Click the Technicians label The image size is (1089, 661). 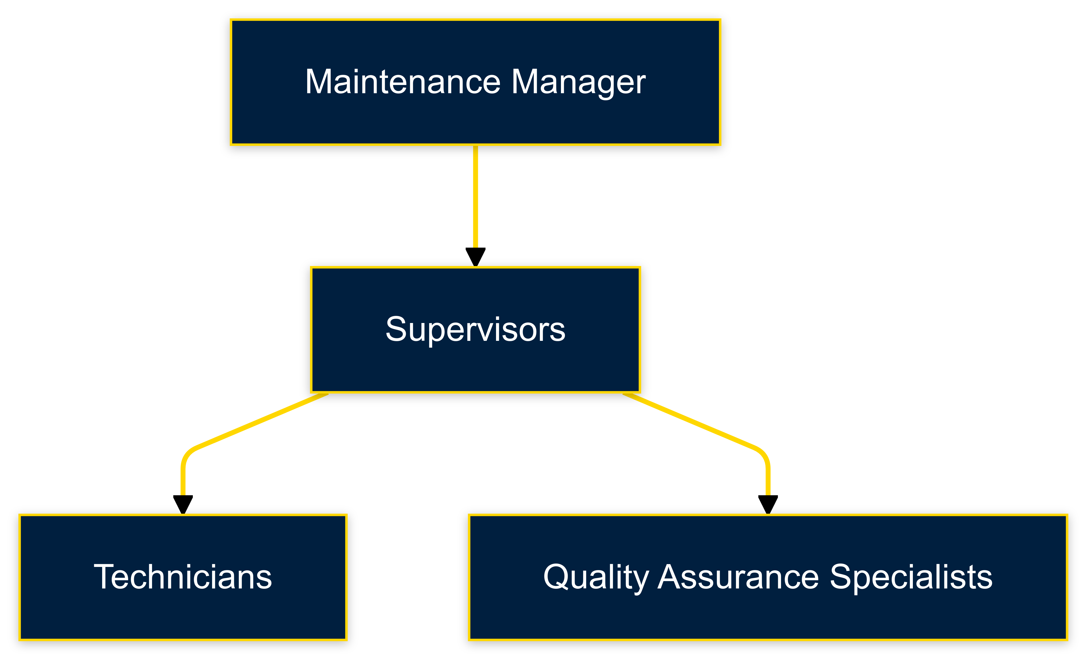(x=183, y=577)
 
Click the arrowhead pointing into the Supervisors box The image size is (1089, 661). (x=476, y=256)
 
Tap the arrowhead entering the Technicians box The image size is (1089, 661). (x=183, y=504)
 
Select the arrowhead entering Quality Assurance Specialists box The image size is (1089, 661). (x=768, y=504)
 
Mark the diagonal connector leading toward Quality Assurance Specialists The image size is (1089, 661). (x=689, y=422)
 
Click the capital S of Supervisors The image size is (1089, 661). (x=396, y=330)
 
